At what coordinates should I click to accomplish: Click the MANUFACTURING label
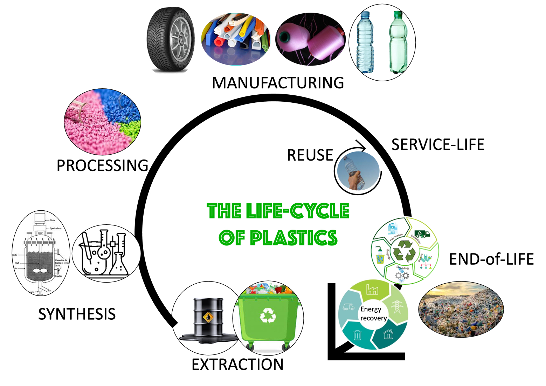click(x=278, y=83)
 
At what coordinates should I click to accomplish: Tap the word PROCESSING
click(x=102, y=165)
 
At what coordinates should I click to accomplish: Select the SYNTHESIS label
click(x=77, y=314)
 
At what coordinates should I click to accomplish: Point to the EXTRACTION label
click(x=237, y=365)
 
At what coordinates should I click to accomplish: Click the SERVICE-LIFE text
click(x=438, y=144)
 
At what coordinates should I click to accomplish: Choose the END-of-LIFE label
click(x=491, y=259)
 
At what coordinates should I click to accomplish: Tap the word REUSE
click(x=310, y=155)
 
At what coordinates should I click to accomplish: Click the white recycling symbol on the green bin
click(x=268, y=315)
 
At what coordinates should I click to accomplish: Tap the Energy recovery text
click(x=373, y=313)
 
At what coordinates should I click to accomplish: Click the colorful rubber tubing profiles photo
click(x=235, y=39)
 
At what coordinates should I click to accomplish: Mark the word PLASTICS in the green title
click(x=293, y=238)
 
